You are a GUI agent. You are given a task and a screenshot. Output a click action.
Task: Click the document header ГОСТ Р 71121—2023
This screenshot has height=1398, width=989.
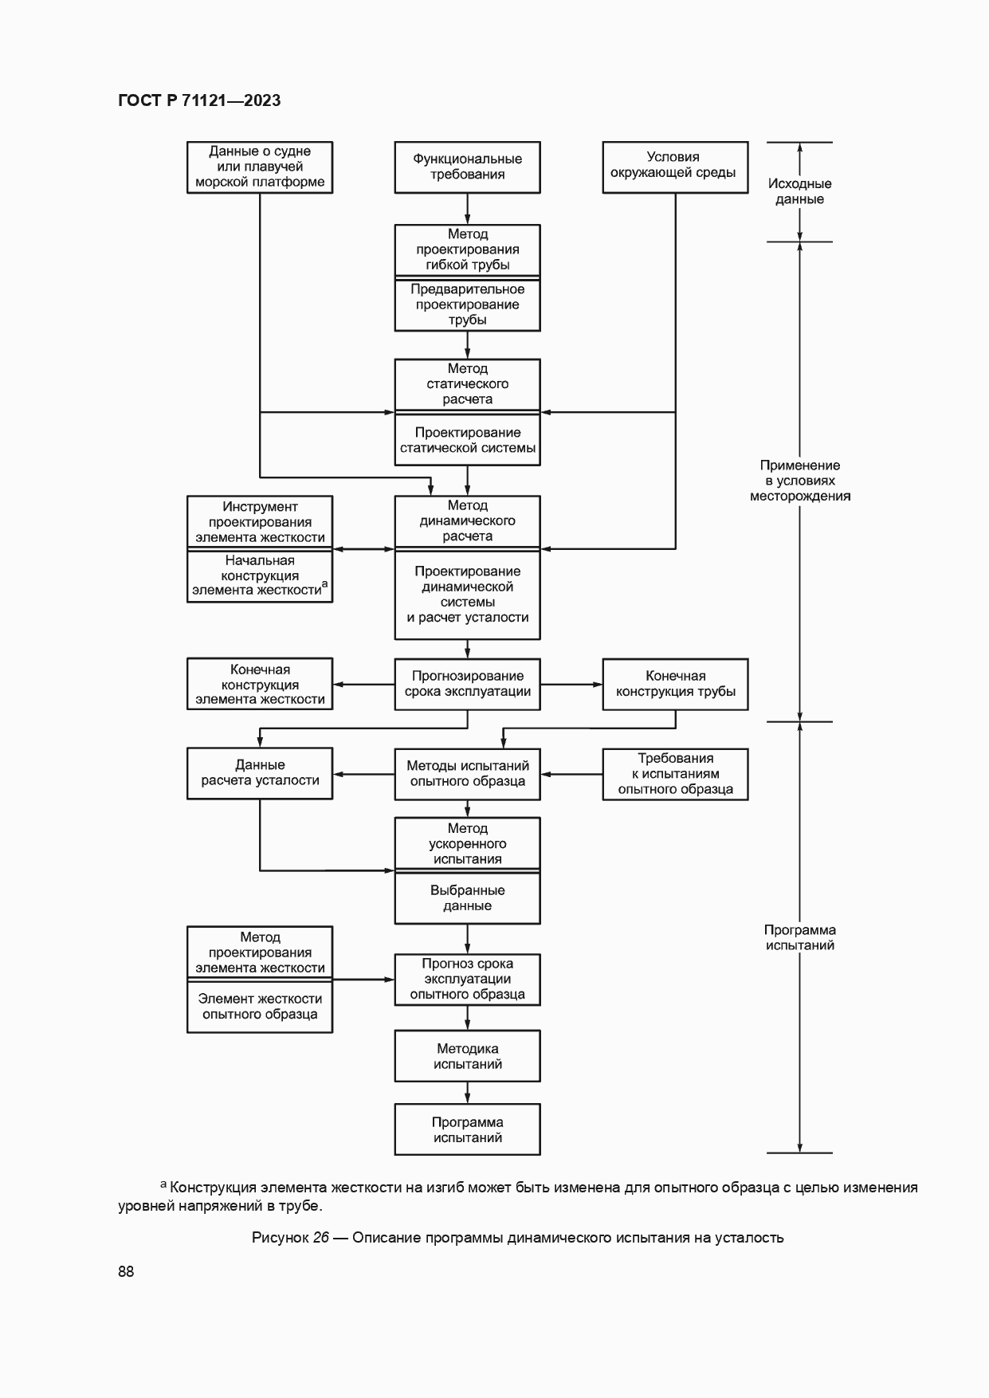199,100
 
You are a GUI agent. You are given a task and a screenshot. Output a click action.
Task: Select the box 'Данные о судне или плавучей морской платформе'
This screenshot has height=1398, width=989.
260,167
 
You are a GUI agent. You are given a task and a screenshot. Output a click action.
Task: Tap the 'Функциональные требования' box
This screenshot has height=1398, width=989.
467,167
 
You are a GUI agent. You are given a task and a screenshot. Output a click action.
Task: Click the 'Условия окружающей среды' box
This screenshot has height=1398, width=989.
675,167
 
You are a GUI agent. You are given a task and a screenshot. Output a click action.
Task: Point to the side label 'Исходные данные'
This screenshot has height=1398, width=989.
799,191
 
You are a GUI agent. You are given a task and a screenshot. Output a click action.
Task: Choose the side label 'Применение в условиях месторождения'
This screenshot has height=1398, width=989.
799,481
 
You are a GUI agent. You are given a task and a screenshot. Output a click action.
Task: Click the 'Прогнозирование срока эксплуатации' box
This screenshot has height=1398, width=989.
467,684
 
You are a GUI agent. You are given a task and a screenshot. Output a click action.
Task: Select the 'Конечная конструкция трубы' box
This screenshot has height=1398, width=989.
675,684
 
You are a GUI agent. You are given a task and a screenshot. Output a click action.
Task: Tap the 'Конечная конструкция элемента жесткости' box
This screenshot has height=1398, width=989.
260,684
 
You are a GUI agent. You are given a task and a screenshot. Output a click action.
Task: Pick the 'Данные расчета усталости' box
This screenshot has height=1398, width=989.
260,773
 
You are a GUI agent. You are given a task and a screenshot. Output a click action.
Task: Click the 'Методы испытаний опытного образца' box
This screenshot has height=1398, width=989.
467,773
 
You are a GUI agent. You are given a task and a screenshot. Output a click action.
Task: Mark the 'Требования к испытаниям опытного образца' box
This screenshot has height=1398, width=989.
675,773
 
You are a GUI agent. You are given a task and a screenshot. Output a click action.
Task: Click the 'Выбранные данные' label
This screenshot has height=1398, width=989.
467,898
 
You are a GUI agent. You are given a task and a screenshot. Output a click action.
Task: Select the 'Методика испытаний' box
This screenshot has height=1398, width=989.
467,1056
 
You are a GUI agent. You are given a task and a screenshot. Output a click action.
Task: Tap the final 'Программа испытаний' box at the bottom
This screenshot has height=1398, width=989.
467,1129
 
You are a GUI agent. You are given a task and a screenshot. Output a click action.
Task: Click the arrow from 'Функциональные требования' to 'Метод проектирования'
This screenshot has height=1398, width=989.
468,209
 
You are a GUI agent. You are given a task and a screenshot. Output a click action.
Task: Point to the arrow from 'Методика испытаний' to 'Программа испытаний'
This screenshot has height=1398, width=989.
468,1093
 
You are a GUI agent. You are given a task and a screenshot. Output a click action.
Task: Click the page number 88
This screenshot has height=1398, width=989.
126,1271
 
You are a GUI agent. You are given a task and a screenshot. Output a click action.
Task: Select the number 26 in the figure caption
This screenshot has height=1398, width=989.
320,1238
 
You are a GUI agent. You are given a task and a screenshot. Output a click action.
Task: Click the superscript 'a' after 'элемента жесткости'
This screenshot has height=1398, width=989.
325,585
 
